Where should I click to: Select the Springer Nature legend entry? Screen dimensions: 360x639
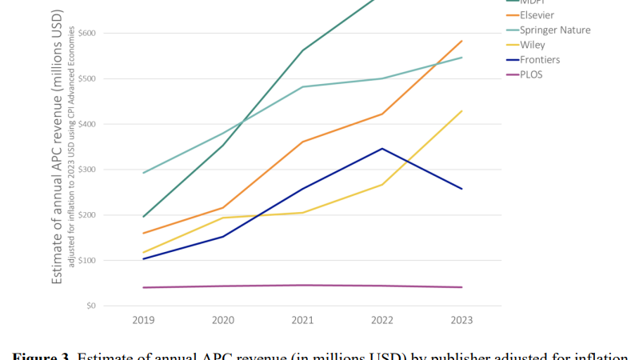[x=555, y=30]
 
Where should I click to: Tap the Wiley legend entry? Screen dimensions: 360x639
[x=533, y=45]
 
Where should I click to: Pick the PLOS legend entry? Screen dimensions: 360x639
[x=531, y=74]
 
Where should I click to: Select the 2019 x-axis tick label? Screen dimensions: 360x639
[x=142, y=321]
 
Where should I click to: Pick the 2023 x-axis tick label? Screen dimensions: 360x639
[x=461, y=321]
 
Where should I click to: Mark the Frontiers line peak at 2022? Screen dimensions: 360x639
[x=382, y=148]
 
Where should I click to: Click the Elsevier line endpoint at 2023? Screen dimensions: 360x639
[x=461, y=41]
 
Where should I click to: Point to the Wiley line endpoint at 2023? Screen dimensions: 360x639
[x=461, y=111]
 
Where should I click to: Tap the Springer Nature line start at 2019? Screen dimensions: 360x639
[x=142, y=173]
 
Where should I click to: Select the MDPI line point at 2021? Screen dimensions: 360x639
[x=302, y=50]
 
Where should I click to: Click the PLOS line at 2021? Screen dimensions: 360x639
[x=302, y=285]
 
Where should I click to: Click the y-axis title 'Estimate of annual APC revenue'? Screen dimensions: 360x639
[x=58, y=152]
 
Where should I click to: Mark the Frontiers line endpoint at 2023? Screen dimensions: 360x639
[x=461, y=189]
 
